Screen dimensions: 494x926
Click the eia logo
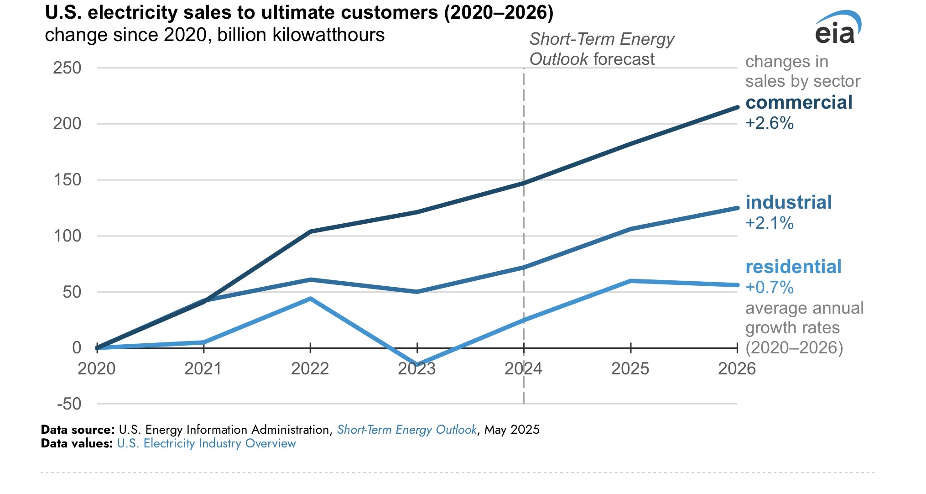837,28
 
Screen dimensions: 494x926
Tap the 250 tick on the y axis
67,68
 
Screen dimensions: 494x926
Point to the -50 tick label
69,404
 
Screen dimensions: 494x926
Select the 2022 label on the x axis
310,368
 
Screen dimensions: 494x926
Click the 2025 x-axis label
630,368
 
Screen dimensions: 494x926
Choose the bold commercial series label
799,103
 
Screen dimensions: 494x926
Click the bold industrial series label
789,202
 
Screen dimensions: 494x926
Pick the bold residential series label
793,267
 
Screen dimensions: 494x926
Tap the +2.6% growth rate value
770,123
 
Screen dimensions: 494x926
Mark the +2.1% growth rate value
770,223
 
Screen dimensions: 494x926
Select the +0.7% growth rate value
770,288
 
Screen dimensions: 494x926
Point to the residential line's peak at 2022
310,299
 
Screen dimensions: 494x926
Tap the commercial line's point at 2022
310,231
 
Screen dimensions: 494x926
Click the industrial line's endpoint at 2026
737,208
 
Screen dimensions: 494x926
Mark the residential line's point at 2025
630,281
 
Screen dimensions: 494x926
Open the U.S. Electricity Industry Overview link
206,443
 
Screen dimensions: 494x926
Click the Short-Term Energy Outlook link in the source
407,430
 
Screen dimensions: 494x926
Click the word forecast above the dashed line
624,59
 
